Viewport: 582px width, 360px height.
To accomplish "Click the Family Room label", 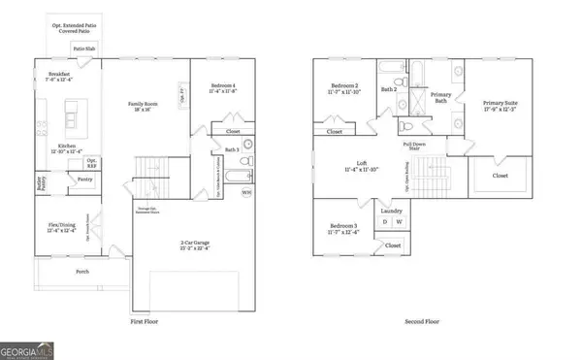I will (x=145, y=106).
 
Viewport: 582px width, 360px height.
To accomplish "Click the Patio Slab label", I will (x=82, y=47).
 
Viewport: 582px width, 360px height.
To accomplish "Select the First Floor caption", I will (x=145, y=319).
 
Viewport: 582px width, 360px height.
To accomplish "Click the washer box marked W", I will (x=400, y=222).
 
